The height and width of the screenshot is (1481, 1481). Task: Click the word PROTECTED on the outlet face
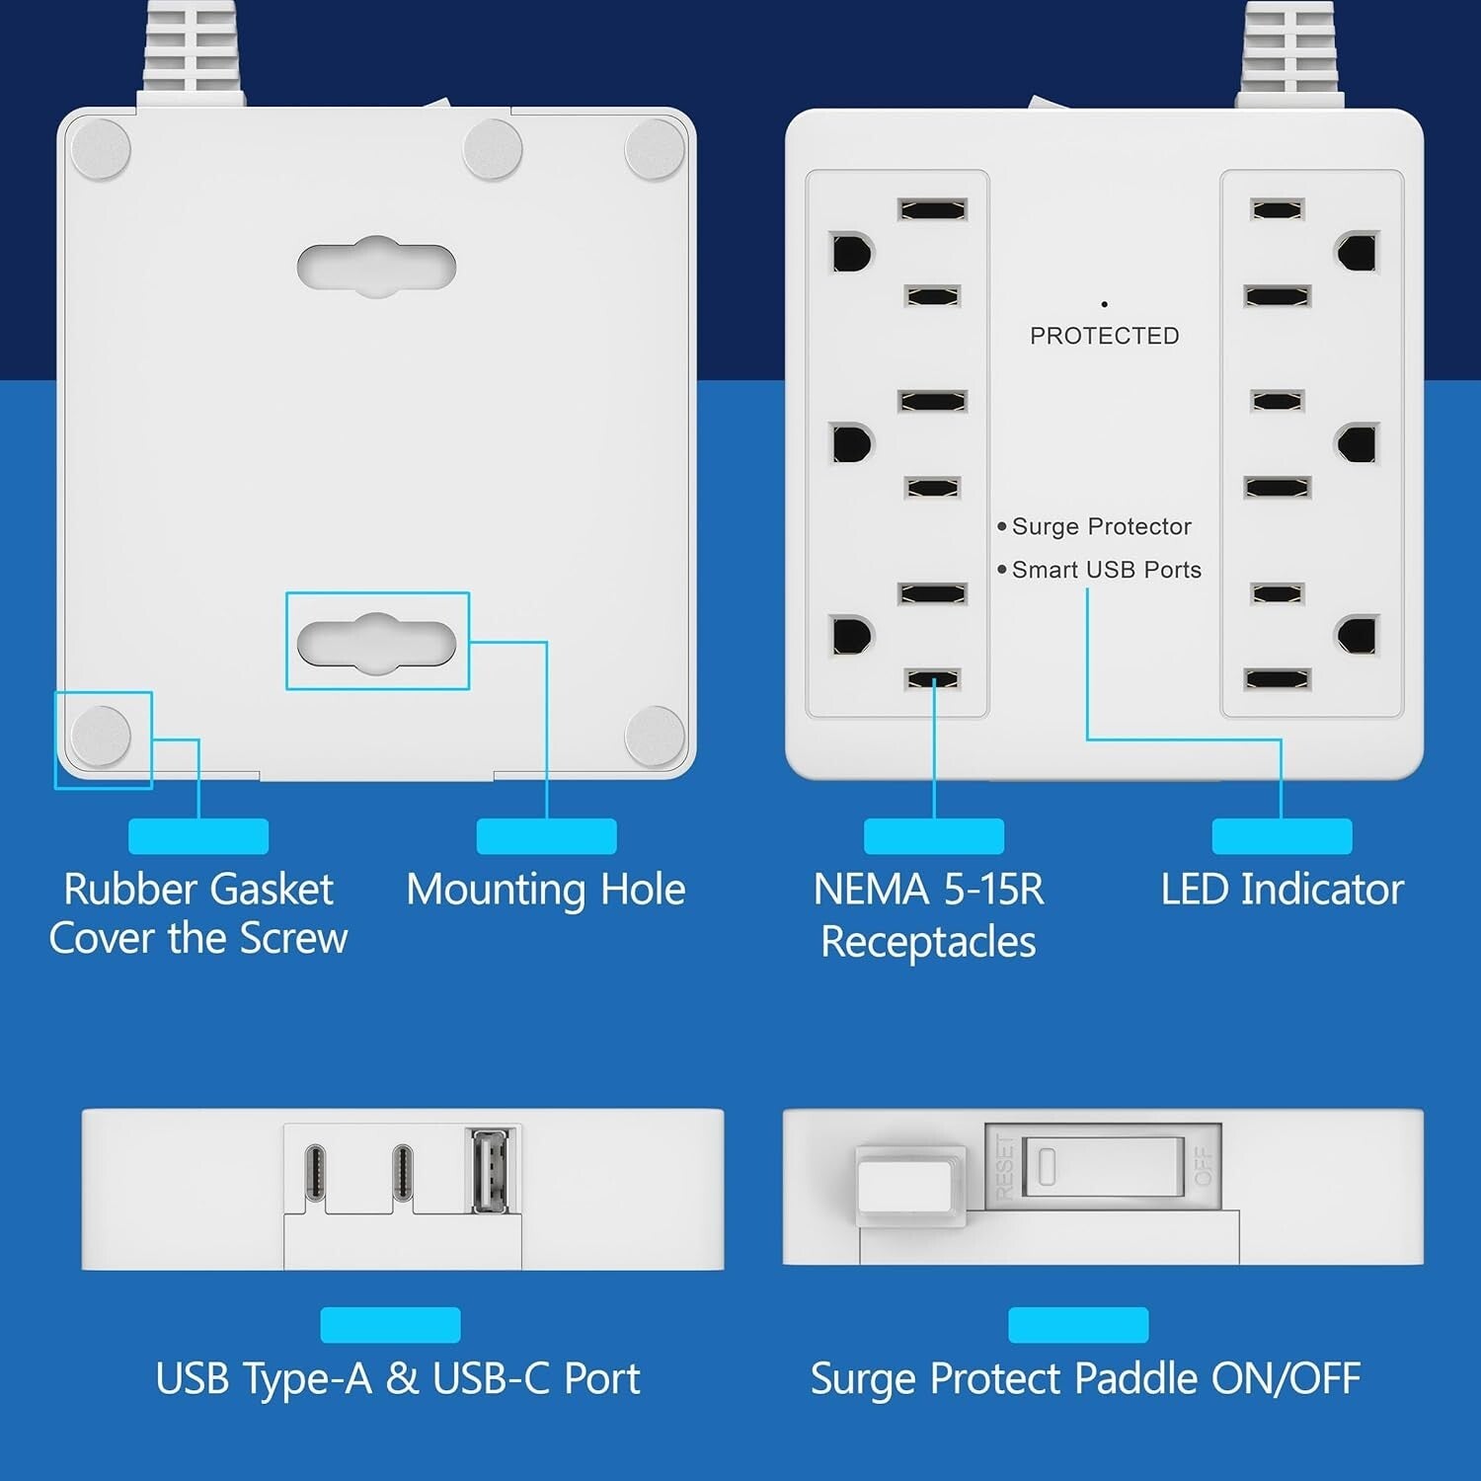pos(1104,336)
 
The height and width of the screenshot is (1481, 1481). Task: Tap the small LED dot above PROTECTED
pos(1104,304)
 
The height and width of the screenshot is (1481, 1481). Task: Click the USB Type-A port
pos(492,1169)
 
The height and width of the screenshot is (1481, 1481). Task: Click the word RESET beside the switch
pos(1004,1166)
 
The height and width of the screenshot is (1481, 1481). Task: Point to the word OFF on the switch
pos(1204,1166)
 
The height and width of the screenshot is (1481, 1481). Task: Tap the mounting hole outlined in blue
pos(376,643)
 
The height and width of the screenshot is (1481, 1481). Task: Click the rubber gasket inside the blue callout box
pos(101,737)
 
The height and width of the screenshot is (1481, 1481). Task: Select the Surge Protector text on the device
pos(1101,526)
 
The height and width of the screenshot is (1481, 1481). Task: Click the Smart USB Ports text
pos(1106,570)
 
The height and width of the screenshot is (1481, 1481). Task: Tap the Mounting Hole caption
pos(546,890)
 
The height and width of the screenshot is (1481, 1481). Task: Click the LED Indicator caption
pos(1282,890)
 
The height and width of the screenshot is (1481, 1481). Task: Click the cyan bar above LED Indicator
pos(1282,836)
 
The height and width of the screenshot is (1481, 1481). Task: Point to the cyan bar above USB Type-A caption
pos(390,1325)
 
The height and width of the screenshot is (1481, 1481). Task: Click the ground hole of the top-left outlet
pos(852,253)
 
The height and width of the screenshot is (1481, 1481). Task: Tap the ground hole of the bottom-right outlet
pos(1359,635)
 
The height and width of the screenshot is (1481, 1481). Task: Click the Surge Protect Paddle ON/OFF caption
pos(1085,1378)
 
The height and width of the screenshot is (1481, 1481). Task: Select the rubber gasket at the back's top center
pos(493,149)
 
